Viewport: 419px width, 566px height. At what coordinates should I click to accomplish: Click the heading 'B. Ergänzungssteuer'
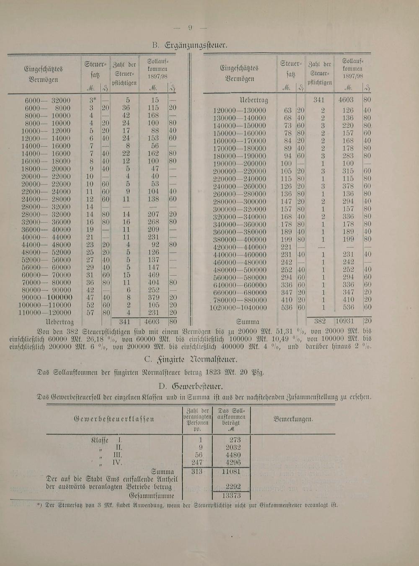coord(190,45)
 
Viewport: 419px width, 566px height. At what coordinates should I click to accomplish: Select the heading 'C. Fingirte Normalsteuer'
coord(191,359)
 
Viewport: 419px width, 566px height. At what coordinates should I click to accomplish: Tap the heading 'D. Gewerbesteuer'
coord(191,386)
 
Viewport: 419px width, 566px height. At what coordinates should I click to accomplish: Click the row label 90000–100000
coord(47,297)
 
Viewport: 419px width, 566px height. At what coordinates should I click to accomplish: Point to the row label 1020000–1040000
coord(238,308)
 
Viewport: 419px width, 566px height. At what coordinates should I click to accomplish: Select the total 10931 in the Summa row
coord(347,322)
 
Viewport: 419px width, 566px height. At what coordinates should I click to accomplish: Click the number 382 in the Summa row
coord(320,322)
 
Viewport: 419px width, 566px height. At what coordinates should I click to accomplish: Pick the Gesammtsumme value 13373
coord(231,495)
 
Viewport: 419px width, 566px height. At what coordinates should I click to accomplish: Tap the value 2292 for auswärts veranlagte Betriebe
coord(233,486)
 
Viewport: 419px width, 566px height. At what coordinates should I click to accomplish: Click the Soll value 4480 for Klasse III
coord(233,455)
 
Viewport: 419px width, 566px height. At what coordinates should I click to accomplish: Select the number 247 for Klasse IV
coord(197,463)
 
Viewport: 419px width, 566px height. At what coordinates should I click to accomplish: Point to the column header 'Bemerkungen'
coord(293,419)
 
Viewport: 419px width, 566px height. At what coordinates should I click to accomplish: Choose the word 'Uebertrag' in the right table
coord(253,101)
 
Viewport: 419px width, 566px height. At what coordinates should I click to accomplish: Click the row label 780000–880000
coord(239,300)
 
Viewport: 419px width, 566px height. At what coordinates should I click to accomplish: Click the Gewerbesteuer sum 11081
coord(231,471)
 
